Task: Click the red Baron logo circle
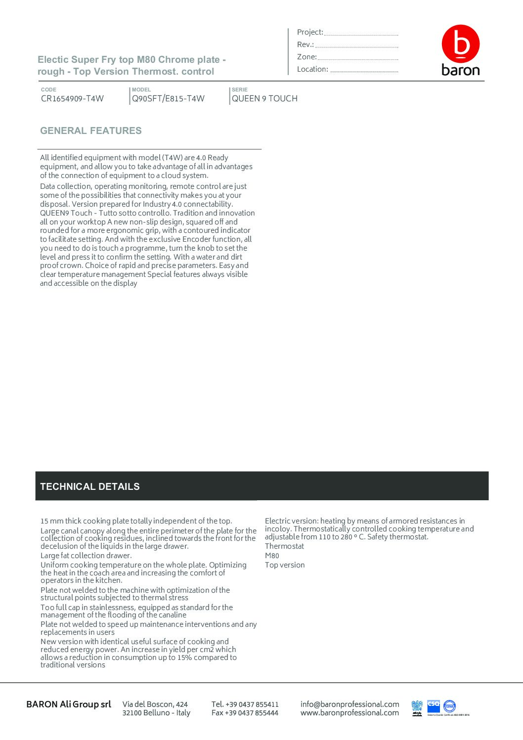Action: tap(460, 44)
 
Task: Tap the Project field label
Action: tap(310, 32)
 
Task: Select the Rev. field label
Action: tap(305, 44)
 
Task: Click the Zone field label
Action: tap(306, 57)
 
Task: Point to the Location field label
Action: tap(312, 69)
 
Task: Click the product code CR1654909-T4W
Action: tap(72, 98)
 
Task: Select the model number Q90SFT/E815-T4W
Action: tap(168, 98)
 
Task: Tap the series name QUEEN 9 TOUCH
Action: tap(264, 98)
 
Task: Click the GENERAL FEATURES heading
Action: tap(91, 131)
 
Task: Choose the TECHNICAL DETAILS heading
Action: tap(90, 486)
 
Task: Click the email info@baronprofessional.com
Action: tap(349, 704)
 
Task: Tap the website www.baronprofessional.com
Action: tap(349, 713)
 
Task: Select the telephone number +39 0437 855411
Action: tap(245, 704)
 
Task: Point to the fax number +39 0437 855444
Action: tap(245, 713)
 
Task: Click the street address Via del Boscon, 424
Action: tap(155, 704)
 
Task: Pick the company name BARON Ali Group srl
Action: tap(69, 704)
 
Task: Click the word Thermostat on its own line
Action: tap(284, 546)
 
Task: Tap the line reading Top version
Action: tap(285, 565)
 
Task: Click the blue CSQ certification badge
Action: tap(434, 706)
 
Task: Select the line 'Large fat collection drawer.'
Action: tap(86, 556)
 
